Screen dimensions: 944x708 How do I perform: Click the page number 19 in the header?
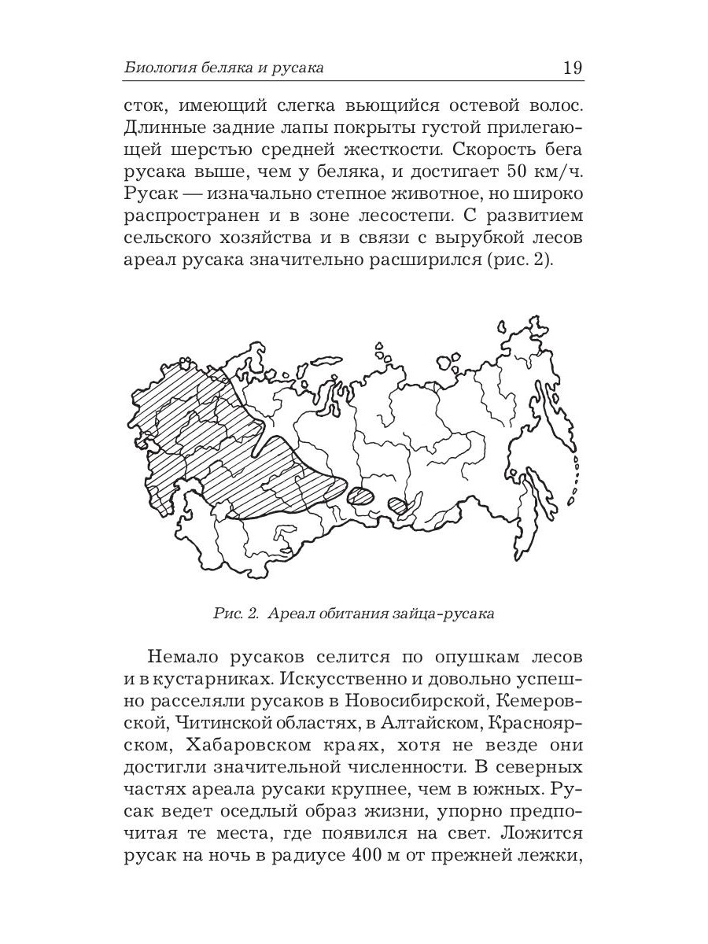pos(573,68)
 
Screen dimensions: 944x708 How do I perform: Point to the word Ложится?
pos(542,832)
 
